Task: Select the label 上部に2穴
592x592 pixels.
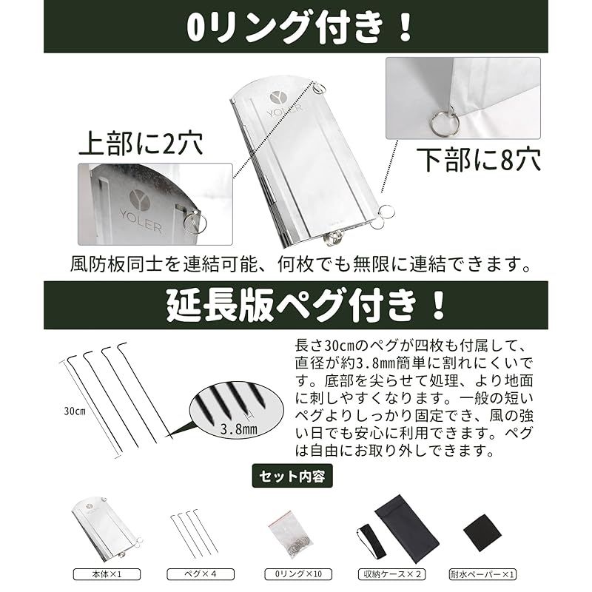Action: [x=141, y=144]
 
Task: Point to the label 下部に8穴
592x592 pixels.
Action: [x=478, y=159]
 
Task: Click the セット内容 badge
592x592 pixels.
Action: [x=292, y=476]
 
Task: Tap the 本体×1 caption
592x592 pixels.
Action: [x=107, y=574]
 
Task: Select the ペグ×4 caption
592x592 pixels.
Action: [x=201, y=574]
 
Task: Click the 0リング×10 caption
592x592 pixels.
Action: [x=298, y=574]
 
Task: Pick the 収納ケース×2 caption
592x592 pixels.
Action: [x=392, y=574]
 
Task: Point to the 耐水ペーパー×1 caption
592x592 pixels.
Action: [x=482, y=574]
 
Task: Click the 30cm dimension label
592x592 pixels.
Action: [x=75, y=411]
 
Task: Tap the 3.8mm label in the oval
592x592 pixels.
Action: [x=238, y=429]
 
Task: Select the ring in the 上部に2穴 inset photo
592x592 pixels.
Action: [x=195, y=223]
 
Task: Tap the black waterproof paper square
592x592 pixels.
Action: [x=482, y=532]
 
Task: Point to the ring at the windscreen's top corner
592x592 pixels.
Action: [x=320, y=89]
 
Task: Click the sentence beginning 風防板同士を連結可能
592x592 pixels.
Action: [x=301, y=264]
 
